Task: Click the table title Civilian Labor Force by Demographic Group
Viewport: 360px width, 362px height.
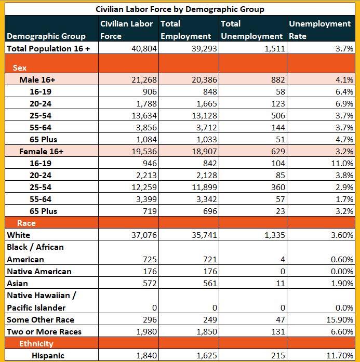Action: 180,9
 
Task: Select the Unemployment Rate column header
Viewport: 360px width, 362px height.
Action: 319,30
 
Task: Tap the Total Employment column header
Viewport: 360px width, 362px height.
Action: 186,30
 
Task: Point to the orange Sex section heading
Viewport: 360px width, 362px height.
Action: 19,68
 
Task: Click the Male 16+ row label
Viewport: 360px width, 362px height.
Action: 37,79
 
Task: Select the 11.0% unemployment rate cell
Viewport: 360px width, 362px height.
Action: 344,163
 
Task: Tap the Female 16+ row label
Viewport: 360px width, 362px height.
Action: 41,151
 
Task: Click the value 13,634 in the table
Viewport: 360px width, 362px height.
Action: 140,115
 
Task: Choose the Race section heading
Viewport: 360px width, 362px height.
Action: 26,223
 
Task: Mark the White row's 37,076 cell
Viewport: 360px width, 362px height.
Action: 140,235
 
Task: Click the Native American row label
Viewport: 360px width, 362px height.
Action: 39,271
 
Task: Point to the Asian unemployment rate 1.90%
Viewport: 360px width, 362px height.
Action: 342,283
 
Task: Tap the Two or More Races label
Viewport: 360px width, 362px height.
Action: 44,331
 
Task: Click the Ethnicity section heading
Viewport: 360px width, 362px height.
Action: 36,343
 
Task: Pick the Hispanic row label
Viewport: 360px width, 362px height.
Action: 48,355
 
